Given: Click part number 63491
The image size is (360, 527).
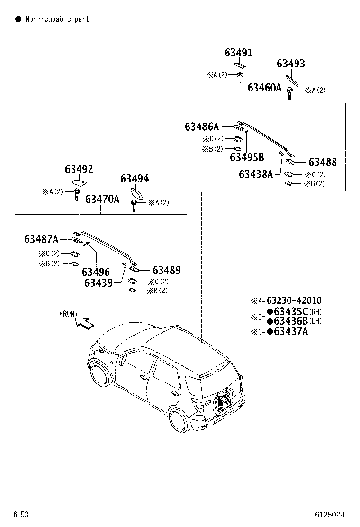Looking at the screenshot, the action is pos(238,53).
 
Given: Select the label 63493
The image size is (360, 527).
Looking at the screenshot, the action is pos(291,64).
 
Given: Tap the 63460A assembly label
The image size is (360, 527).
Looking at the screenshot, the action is pos(265,88).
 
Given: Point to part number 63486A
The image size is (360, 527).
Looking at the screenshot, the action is pos(202,127).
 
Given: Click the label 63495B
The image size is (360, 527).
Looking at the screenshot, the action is pos(247,157).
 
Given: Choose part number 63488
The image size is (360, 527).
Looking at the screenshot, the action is pos(323,162).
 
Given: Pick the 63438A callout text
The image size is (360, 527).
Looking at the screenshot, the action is pos(256,174).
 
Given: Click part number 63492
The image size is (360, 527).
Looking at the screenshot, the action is pos(79,169).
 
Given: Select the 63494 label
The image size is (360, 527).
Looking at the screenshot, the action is pos(135,179).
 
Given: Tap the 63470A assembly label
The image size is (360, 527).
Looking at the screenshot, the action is pos(102,200).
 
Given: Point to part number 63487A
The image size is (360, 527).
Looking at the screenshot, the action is pos(41,239).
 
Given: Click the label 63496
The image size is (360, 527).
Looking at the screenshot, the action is pos(96,272).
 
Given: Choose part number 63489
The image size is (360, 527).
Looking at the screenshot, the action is pos(167,270).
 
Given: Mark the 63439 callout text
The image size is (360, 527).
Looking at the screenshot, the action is pos(99,283).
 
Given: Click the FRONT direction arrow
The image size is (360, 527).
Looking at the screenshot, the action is pos(84,323).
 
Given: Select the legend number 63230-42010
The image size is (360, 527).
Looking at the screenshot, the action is pos(294,300).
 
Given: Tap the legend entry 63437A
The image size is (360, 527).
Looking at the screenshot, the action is pos(291,331).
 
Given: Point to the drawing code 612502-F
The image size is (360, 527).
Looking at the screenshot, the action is pos(331,515).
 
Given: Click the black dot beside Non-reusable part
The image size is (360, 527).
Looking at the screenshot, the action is pos(18,19).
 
